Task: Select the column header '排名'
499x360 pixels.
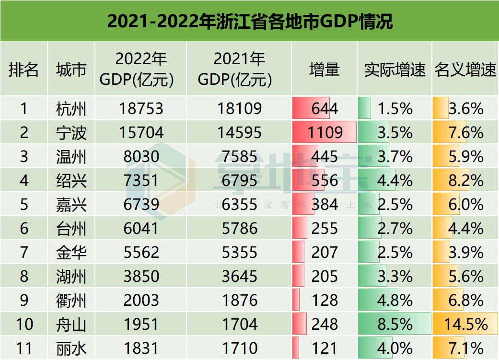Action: (23, 70)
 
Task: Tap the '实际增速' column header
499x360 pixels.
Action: (395, 70)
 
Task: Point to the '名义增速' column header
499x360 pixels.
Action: (465, 70)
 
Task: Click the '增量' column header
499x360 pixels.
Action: (324, 70)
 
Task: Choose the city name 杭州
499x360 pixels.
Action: (71, 109)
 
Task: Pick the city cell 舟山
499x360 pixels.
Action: (71, 325)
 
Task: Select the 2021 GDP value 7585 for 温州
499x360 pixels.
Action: (240, 157)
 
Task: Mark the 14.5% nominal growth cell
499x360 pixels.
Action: (465, 325)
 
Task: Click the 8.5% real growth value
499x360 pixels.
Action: (395, 325)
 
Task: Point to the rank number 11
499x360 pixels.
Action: (24, 348)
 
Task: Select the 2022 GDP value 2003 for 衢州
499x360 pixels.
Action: (141, 301)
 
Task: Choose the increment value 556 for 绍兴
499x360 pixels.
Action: (325, 181)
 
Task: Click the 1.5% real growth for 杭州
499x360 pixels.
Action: (395, 109)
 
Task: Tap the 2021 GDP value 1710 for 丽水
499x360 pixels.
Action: (240, 348)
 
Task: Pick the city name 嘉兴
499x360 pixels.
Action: (71, 205)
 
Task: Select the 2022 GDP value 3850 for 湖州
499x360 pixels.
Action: (141, 277)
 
